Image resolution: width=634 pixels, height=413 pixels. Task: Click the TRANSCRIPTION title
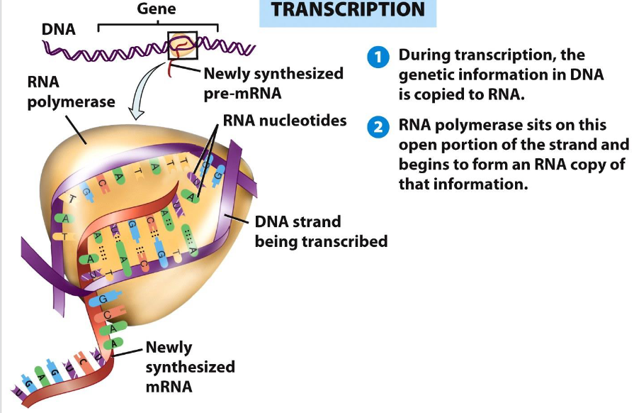[x=348, y=11]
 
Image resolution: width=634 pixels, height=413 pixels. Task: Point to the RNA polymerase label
[x=71, y=92]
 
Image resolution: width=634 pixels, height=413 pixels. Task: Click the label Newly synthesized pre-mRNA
[x=273, y=82]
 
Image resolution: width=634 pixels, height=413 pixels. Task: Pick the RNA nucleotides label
[x=285, y=121]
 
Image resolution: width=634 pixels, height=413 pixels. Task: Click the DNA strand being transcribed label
[x=321, y=232]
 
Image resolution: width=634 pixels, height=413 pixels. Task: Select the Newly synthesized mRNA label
[x=190, y=367]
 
